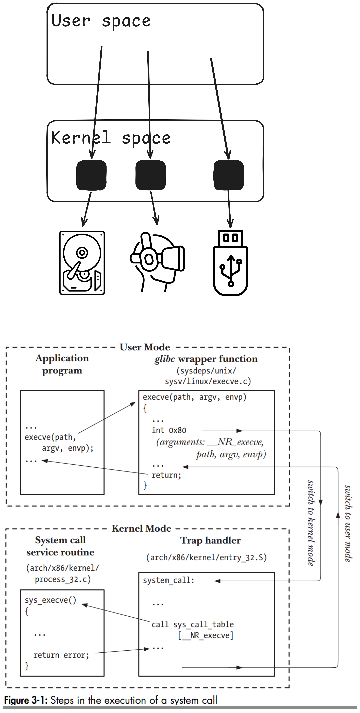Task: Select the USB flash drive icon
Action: [231, 263]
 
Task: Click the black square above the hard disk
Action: [91, 175]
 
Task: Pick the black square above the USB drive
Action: [229, 175]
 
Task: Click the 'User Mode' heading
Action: [145, 347]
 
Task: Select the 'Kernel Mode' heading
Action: [141, 528]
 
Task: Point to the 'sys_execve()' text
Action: [50, 600]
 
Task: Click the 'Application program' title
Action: [62, 364]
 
